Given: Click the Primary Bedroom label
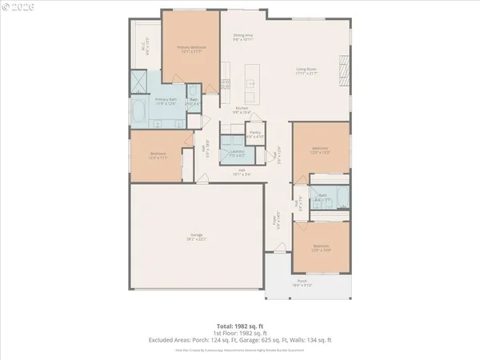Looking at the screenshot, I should point(191,49).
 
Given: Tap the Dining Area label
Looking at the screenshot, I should point(242,37).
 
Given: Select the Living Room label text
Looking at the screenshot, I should point(306,72).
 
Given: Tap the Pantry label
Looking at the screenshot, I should point(255,134).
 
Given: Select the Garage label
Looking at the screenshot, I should point(196,236).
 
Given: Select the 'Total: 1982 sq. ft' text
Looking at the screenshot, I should point(239,326).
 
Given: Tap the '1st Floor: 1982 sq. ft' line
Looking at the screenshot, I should point(239,333).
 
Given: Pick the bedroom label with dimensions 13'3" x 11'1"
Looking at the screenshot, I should point(158,155).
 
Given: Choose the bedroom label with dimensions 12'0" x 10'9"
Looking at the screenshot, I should point(321,247).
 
